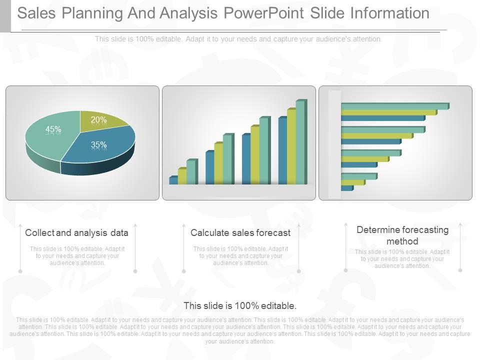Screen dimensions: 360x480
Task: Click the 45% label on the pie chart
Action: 53,129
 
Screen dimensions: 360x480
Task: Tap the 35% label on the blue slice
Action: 98,145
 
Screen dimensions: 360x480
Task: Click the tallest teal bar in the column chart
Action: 300,142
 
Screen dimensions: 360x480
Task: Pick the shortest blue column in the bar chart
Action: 173,180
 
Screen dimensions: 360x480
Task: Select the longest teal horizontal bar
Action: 394,106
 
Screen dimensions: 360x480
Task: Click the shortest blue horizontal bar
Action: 346,188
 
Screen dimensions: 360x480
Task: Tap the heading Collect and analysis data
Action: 76,233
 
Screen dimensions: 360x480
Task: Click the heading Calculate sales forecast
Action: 240,233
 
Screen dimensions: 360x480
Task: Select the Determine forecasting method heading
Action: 402,235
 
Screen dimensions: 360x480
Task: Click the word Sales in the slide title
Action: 36,13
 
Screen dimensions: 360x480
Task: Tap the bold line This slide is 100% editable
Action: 240,305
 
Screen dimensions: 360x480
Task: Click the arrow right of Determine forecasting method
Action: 460,247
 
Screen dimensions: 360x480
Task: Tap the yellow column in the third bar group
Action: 254,155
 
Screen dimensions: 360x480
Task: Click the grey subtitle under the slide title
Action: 238,39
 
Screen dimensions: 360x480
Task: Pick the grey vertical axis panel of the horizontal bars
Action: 334,145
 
